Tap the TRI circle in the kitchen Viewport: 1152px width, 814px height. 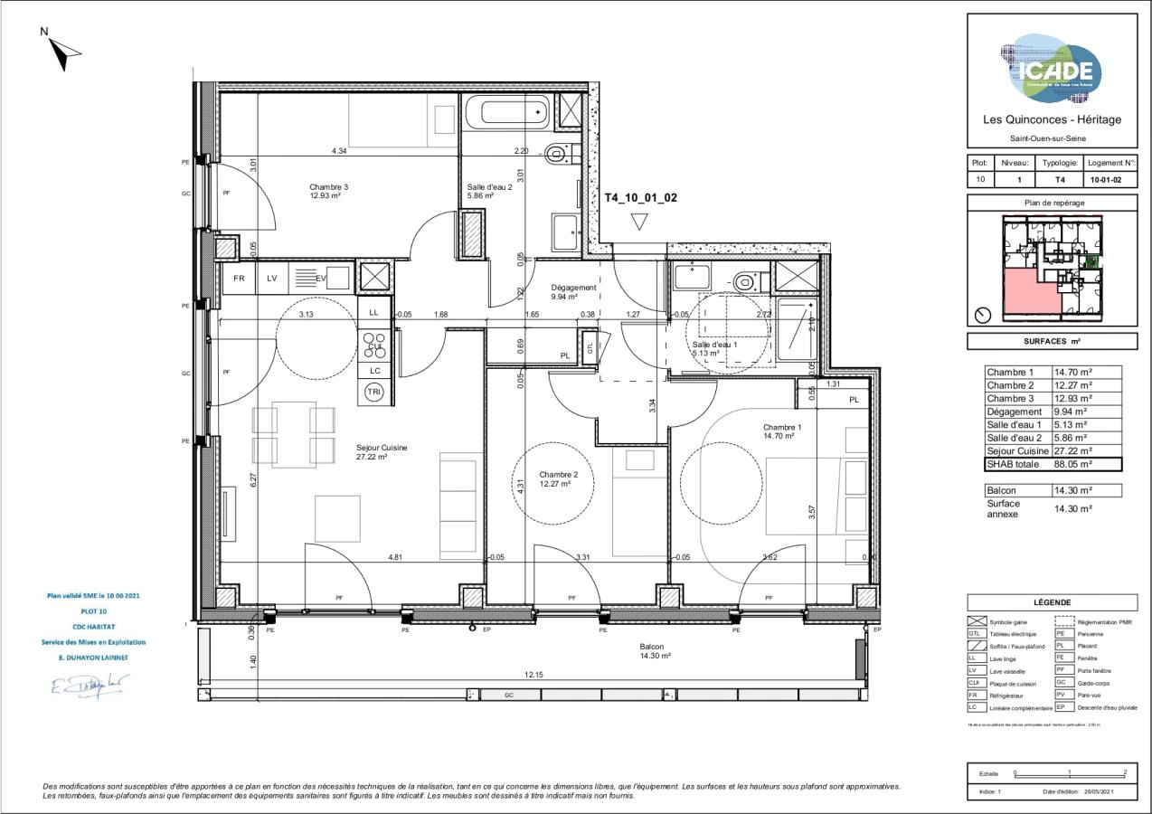[373, 392]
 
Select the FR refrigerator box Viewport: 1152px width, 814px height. [239, 279]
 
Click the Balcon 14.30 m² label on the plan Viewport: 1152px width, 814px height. [651, 651]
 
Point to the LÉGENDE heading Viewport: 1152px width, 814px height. [1052, 602]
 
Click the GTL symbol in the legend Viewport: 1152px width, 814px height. [974, 634]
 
